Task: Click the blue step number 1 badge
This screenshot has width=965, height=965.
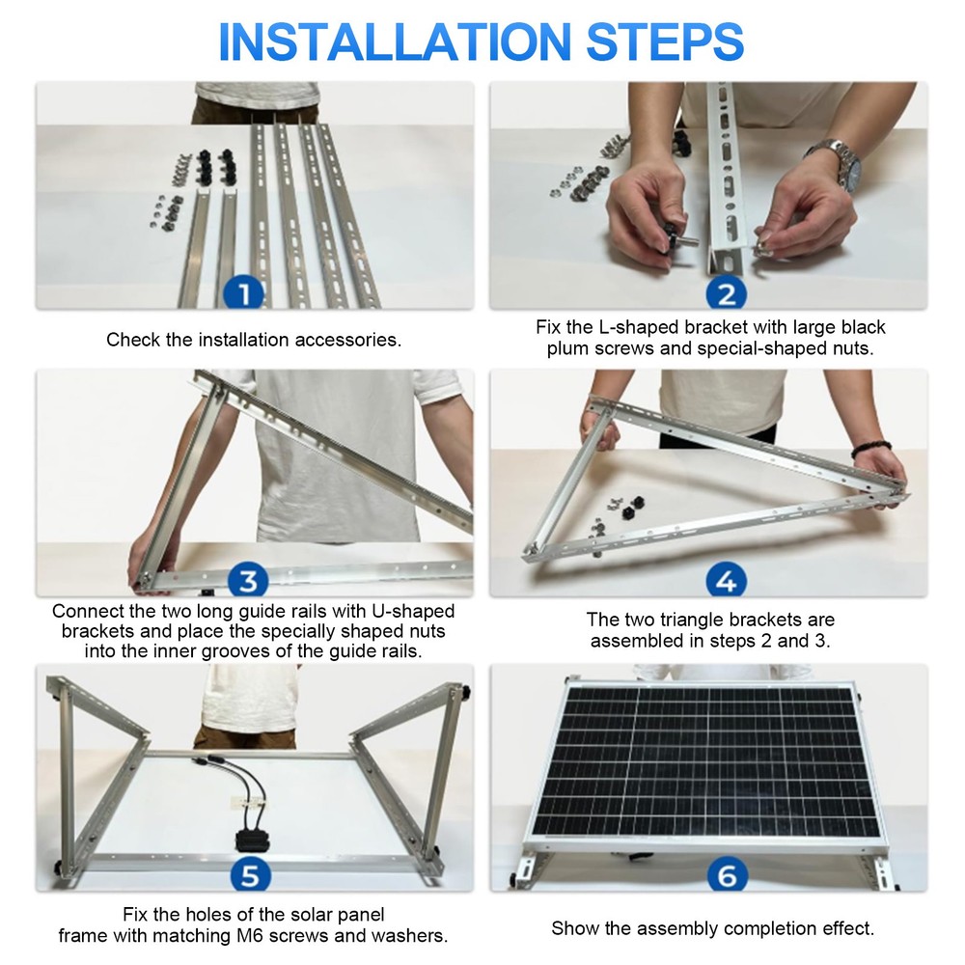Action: pos(244,291)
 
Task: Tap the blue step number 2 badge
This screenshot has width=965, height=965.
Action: pos(726,291)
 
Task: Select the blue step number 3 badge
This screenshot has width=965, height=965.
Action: pos(248,581)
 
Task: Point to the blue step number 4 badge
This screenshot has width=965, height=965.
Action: pos(726,581)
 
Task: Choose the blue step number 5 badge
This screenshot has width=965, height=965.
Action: pos(248,875)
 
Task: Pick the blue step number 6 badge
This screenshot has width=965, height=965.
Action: pos(726,875)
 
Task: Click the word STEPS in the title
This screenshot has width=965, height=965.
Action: pos(665,41)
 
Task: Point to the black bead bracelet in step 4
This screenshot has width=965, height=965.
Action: pos(870,450)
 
